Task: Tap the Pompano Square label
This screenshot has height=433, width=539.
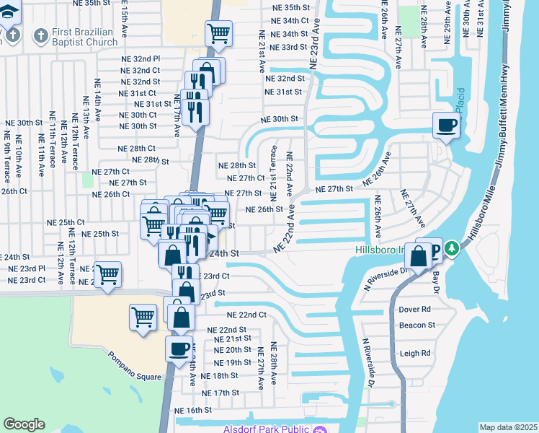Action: coord(133,357)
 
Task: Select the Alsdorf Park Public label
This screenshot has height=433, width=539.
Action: coord(260,429)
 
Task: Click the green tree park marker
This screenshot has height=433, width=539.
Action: coord(452,249)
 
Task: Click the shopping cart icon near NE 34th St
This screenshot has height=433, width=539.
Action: coord(218,32)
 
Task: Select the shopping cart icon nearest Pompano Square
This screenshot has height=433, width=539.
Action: coord(143,316)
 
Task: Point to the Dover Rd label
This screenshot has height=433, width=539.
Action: coord(414,309)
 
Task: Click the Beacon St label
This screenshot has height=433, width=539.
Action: coord(417,325)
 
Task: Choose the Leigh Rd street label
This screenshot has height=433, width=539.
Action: coord(415,353)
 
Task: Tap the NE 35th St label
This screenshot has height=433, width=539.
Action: coord(290,7)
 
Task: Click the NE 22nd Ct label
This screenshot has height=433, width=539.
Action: coord(246,315)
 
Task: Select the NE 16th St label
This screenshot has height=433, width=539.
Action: coord(193,410)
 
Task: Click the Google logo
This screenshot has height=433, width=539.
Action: coord(24,424)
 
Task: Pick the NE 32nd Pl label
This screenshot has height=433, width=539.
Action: coord(141,58)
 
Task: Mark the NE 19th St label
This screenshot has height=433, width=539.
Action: coord(232,363)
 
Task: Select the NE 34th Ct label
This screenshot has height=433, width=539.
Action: coord(290,21)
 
